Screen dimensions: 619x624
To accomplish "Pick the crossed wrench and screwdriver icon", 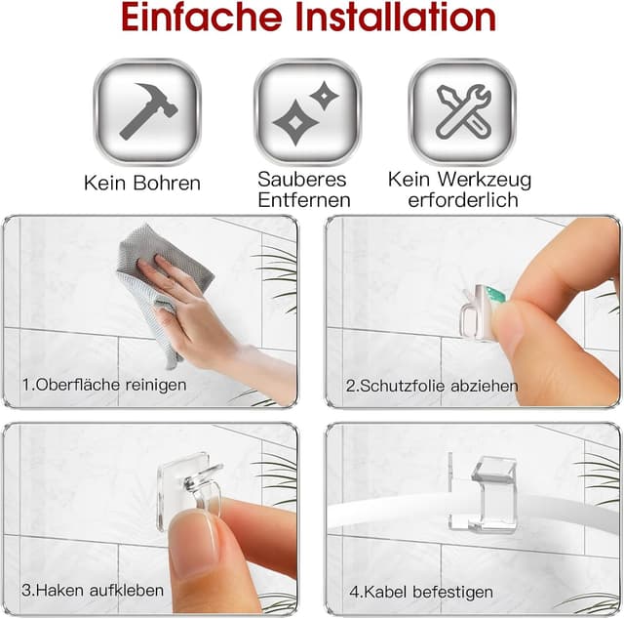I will (462, 110).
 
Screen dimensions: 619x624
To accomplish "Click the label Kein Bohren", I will (142, 183).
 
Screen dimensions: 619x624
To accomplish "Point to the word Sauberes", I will (303, 179).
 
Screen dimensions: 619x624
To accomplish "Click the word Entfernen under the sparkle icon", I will (303, 200).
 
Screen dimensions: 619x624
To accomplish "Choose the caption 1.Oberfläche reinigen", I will (104, 385).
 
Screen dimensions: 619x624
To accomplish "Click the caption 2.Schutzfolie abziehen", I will (432, 386).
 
